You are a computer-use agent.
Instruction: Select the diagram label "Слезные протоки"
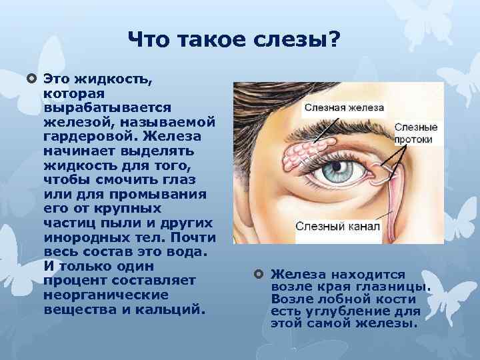[416, 133]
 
